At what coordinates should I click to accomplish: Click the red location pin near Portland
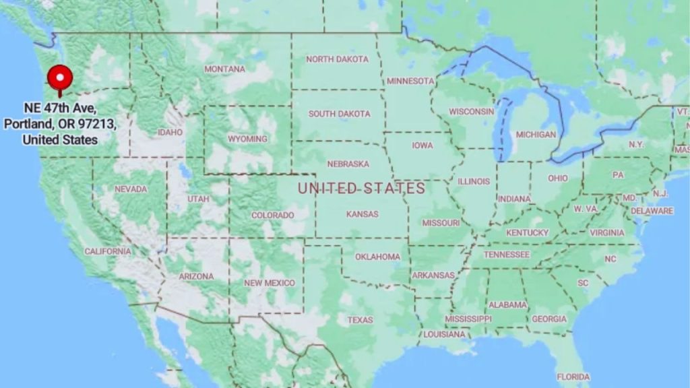coord(61,78)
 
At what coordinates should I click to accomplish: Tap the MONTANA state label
coord(225,69)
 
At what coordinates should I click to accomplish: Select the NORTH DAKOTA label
coord(338,59)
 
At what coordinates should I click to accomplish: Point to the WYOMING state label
coord(247,139)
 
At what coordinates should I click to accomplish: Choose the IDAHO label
coord(170,132)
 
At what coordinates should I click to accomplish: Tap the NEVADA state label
coord(131,189)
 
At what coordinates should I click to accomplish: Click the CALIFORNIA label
coord(108,251)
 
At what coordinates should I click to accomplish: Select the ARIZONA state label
coord(196,276)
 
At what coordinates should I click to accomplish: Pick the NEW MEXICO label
coord(270,283)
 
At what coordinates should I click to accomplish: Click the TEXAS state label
coord(360,320)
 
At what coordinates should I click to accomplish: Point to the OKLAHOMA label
coord(377,257)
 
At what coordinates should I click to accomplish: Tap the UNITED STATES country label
coord(362,189)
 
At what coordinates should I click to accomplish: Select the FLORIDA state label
coord(573,377)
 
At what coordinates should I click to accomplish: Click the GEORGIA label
coord(549,319)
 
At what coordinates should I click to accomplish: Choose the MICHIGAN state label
coord(536,135)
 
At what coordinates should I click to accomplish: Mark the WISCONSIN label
coord(472,111)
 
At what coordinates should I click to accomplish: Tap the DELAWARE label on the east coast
coord(652,211)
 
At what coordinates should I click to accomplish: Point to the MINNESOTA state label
coord(410,81)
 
